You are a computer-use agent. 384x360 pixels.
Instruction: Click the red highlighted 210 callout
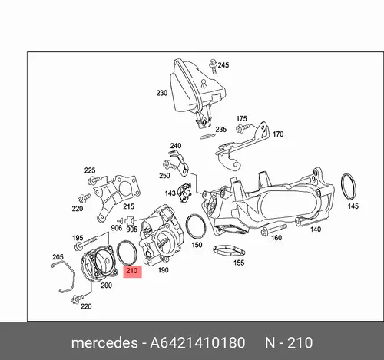point(132,271)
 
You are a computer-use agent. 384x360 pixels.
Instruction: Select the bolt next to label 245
point(213,67)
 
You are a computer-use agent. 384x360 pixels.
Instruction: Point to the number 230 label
point(162,93)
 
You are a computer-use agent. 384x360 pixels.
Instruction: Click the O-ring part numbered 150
point(187,225)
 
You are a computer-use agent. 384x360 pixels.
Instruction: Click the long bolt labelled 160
point(273,230)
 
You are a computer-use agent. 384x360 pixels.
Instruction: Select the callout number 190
point(163,270)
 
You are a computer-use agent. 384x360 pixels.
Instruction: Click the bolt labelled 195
point(86,243)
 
